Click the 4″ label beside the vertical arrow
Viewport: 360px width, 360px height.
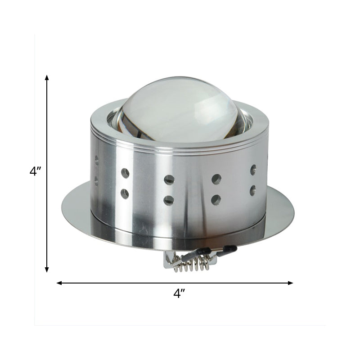coord(35,171)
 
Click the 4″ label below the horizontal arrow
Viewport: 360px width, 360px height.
coord(180,294)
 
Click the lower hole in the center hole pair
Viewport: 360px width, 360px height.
coord(169,200)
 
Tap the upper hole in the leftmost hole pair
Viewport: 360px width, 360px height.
coord(96,160)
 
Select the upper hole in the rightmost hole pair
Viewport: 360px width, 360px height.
coord(253,170)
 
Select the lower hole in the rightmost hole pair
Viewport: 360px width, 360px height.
coord(253,189)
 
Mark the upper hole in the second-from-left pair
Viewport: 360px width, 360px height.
coord(125,173)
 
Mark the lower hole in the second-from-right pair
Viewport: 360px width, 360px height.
coord(216,199)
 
